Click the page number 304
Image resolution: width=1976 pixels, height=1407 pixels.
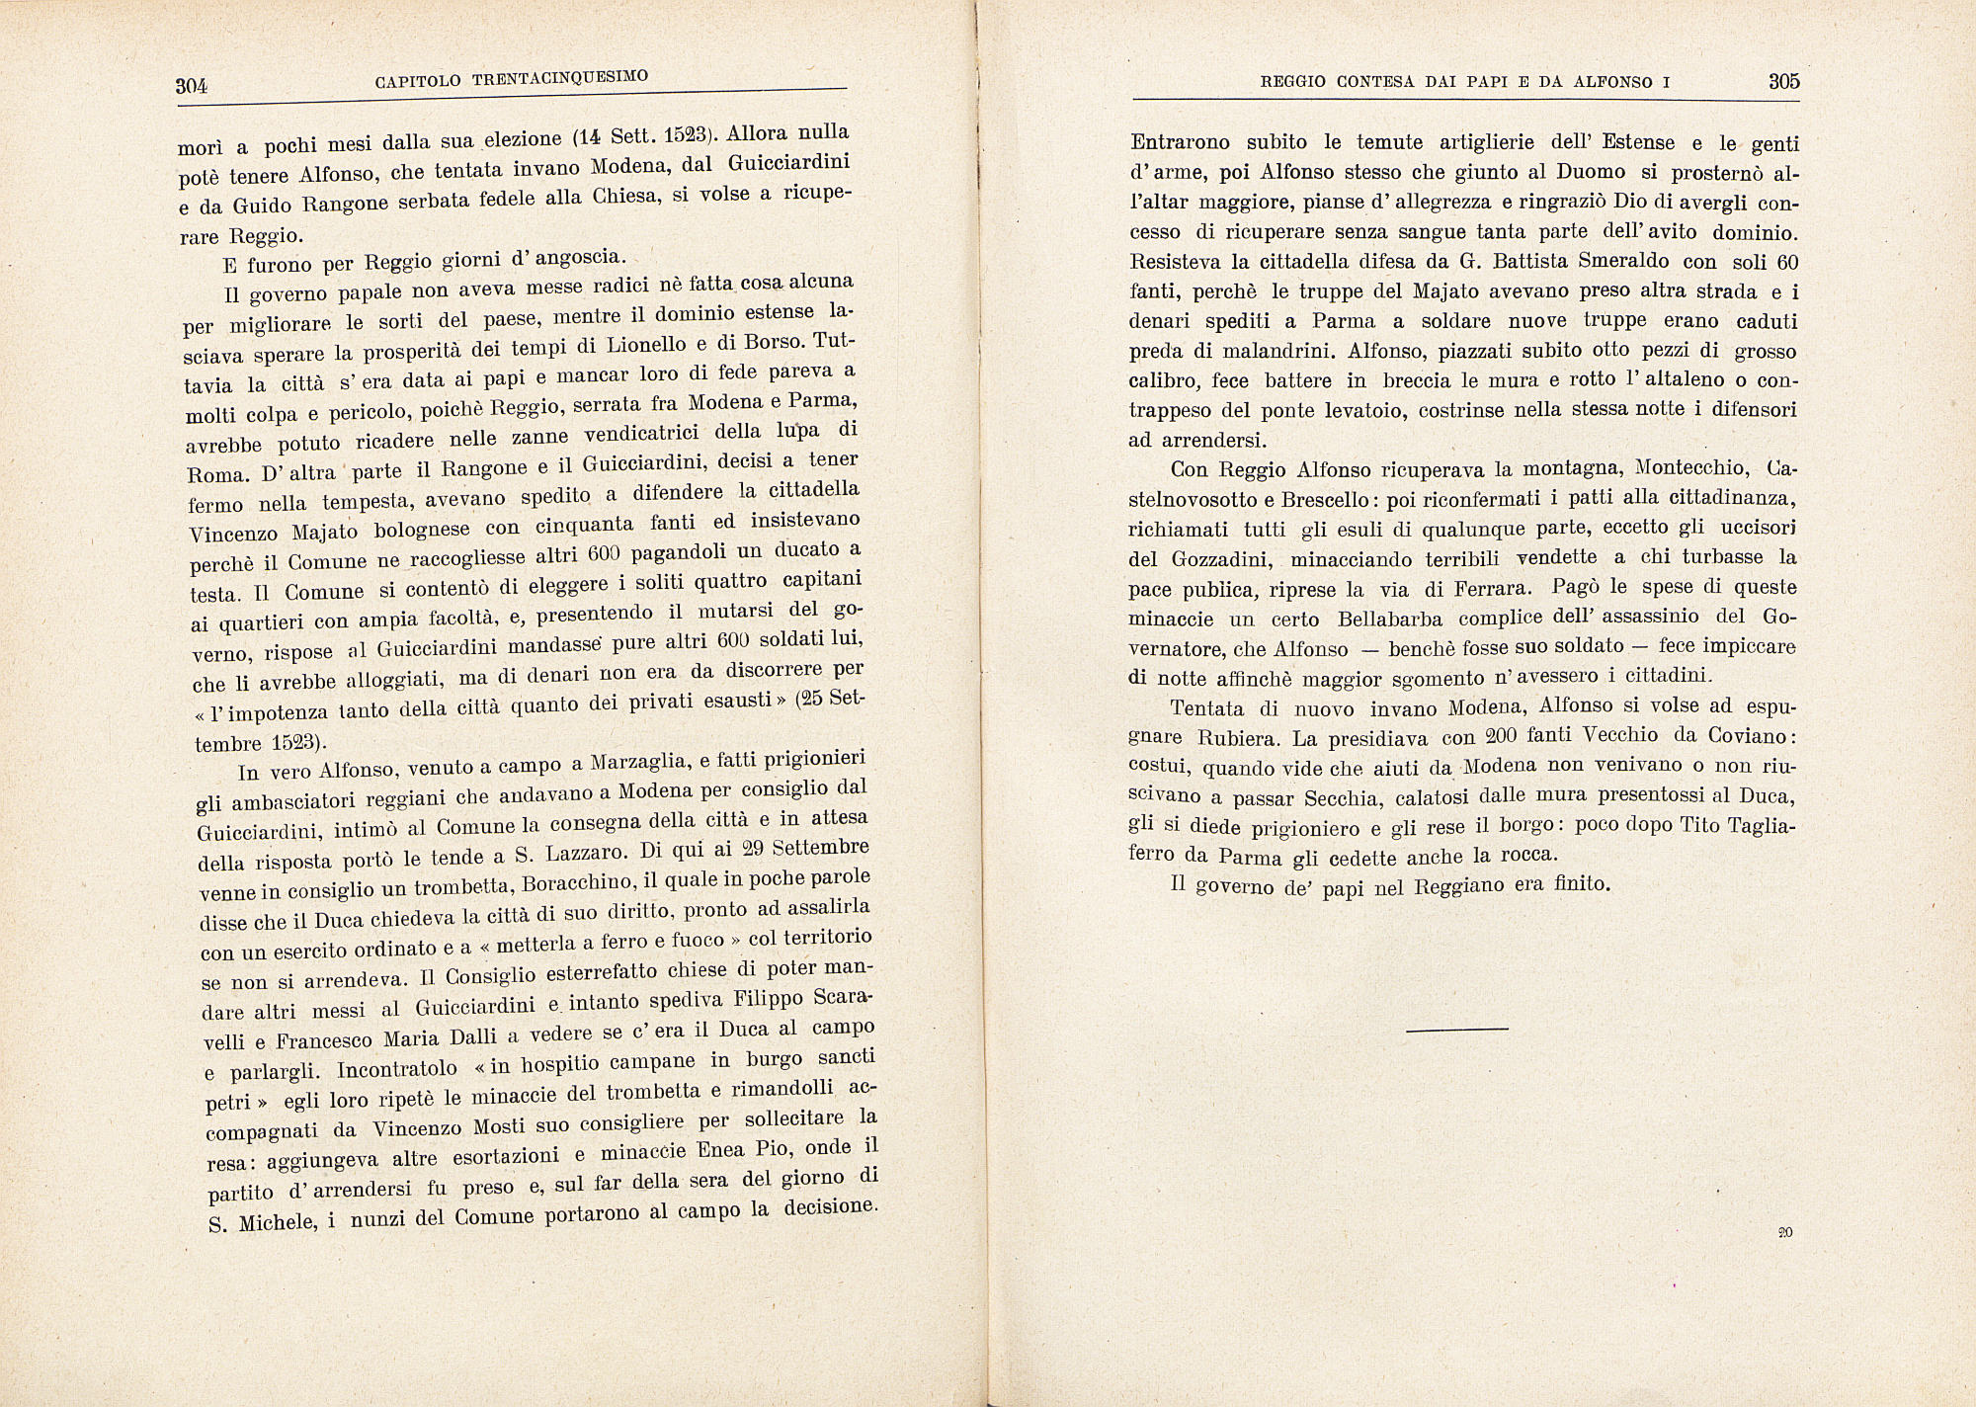(x=192, y=86)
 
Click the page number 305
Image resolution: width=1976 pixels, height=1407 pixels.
(x=1783, y=82)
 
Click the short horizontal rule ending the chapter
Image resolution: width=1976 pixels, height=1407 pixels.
(x=1456, y=1030)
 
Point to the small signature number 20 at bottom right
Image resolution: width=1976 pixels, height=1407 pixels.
(x=1784, y=1232)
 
